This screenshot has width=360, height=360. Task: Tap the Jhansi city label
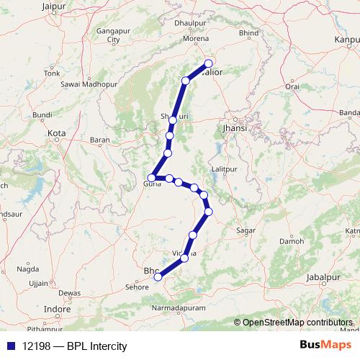235,127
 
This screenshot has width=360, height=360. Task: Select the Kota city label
55,133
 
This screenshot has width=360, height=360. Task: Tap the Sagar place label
246,231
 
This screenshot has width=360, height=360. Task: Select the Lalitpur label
225,169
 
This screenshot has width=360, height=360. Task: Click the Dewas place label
70,294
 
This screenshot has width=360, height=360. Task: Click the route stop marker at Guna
152,177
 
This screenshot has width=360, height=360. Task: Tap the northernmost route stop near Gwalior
210,63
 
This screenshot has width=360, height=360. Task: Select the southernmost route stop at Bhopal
158,276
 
